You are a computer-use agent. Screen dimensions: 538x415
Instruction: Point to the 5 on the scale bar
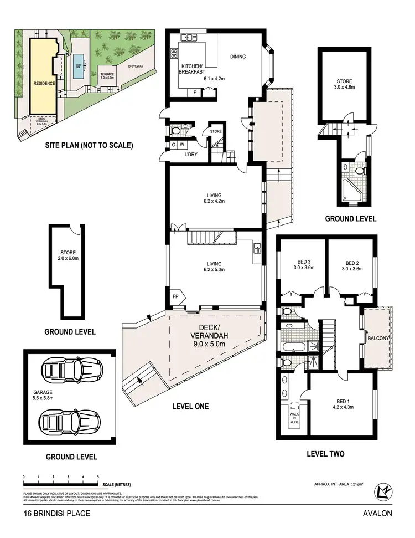(98, 476)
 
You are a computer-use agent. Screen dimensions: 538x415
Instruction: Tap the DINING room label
(238, 57)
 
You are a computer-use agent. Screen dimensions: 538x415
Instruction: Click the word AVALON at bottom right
(377, 513)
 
